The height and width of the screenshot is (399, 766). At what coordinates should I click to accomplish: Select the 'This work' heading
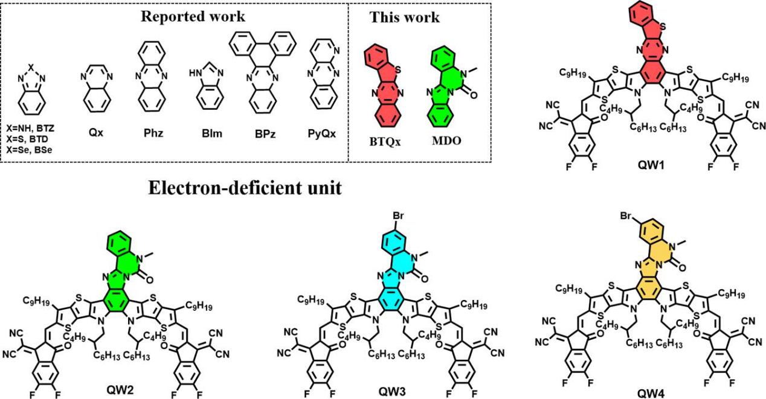coord(405,17)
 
